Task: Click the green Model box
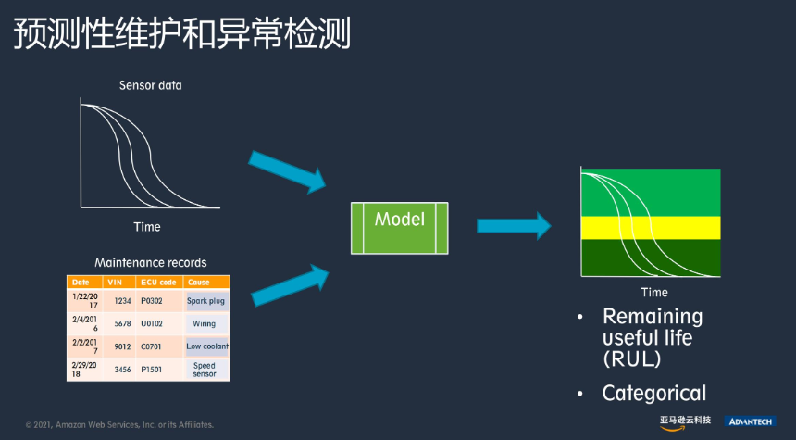click(x=400, y=228)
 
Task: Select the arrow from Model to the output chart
click(x=514, y=226)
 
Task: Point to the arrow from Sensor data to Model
click(x=287, y=172)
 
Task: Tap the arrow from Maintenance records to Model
click(x=290, y=285)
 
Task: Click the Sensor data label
click(x=150, y=85)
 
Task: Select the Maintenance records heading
click(x=151, y=263)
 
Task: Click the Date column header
click(x=81, y=282)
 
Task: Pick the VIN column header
click(x=116, y=282)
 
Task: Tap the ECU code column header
click(x=158, y=282)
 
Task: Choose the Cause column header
click(x=198, y=282)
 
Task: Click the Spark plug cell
click(x=206, y=301)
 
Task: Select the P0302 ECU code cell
click(x=152, y=301)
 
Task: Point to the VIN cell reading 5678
click(x=122, y=323)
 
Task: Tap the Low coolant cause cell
click(x=207, y=346)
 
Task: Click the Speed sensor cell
click(x=205, y=370)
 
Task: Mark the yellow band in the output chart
click(x=651, y=228)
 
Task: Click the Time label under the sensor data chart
click(x=147, y=227)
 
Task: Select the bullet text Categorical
click(x=654, y=394)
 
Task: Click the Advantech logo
click(x=750, y=421)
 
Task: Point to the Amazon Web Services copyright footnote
click(x=119, y=425)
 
